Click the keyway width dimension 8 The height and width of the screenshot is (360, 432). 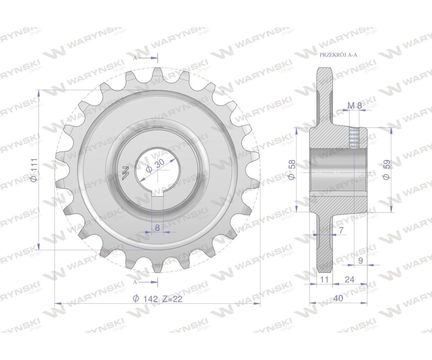tap(157, 228)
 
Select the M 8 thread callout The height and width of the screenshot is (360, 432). tap(355, 105)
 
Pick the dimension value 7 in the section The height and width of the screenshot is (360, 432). tap(341, 230)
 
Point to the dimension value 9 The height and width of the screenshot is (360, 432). tap(360, 261)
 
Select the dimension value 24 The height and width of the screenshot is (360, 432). tap(349, 279)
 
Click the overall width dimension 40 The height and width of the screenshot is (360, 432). tap(338, 298)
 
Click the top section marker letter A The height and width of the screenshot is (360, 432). tap(135, 58)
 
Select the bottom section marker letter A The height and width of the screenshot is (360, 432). tap(135, 282)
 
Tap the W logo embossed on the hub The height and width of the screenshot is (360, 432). tap(125, 173)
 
